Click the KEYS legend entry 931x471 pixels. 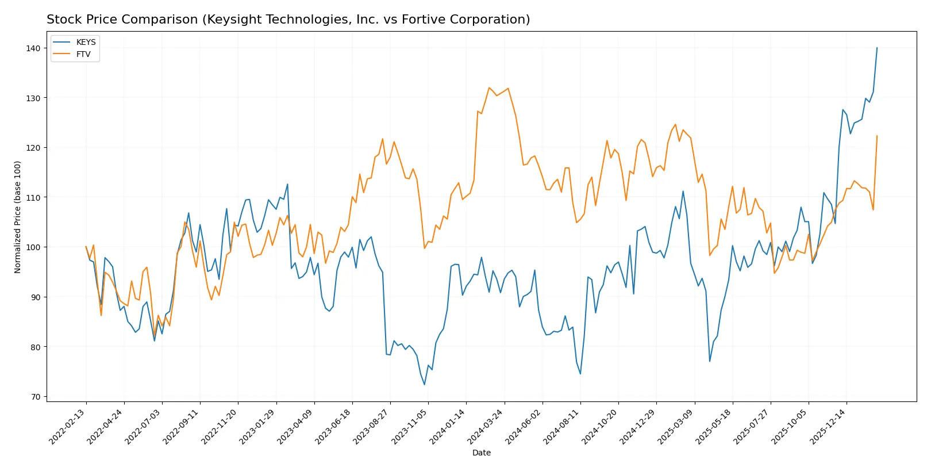(x=86, y=43)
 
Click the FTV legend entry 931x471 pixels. (x=83, y=54)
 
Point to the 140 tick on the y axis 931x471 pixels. (x=33, y=48)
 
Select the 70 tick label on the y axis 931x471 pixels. (x=36, y=397)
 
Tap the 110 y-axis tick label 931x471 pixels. (x=33, y=198)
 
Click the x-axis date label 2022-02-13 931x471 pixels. (x=67, y=427)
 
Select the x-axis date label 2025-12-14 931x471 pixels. (x=828, y=427)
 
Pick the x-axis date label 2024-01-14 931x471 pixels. (x=447, y=427)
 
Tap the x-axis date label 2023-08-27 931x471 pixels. (x=371, y=427)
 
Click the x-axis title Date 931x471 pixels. (x=481, y=453)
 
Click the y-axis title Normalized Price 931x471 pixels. (x=18, y=217)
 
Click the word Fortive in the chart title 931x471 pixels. (x=422, y=20)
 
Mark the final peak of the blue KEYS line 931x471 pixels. (x=876, y=48)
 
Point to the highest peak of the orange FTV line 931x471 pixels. (x=489, y=88)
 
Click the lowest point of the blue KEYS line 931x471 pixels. (x=425, y=385)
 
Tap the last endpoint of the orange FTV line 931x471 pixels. (x=876, y=136)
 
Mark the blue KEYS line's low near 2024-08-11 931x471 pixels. (x=580, y=374)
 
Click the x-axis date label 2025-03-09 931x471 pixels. (x=676, y=427)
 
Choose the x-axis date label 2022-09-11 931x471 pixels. (x=181, y=427)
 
